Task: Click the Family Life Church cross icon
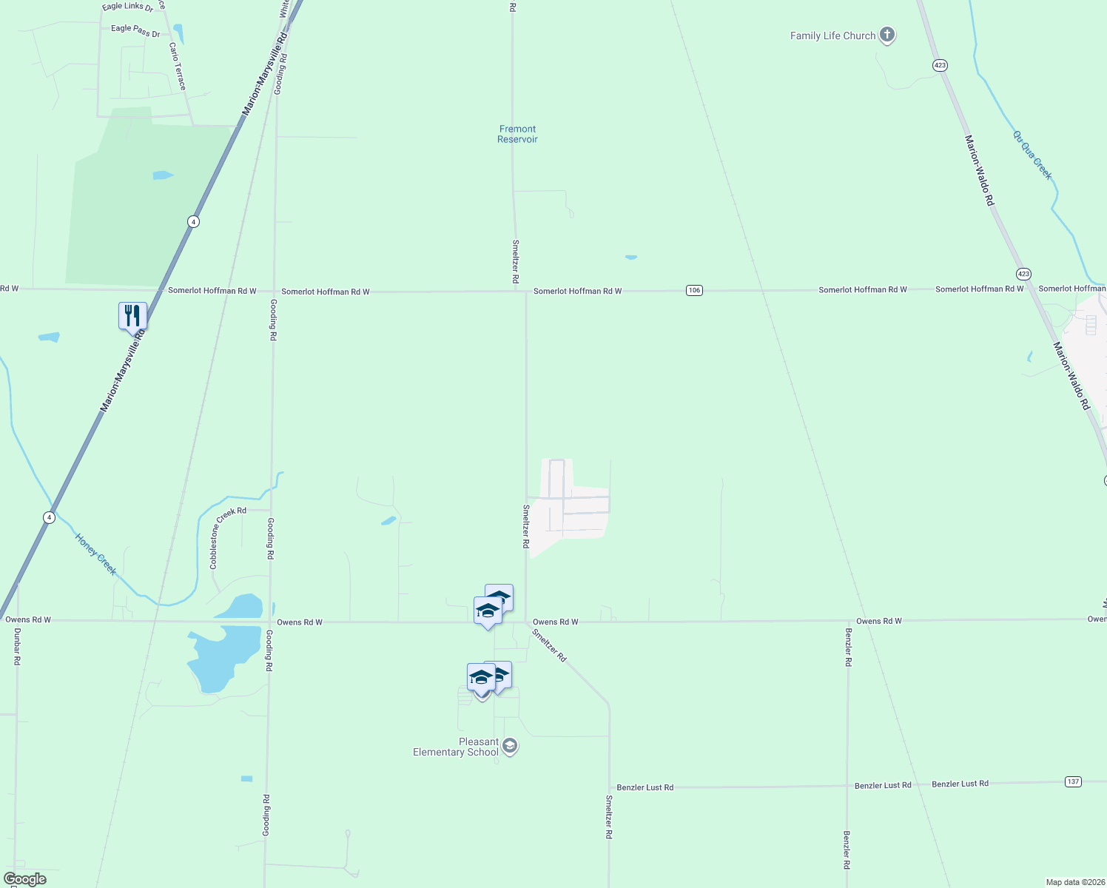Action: click(886, 35)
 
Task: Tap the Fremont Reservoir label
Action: click(517, 134)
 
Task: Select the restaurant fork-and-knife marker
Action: click(132, 316)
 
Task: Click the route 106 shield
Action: click(693, 290)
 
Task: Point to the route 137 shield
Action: click(1073, 781)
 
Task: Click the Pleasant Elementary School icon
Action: click(509, 746)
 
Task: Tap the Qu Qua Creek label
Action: click(1032, 155)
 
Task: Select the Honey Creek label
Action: click(95, 554)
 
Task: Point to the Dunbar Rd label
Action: click(17, 647)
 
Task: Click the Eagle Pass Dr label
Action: click(135, 30)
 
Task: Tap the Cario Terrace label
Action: click(178, 66)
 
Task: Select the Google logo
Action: click(24, 879)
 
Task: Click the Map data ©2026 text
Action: click(1074, 882)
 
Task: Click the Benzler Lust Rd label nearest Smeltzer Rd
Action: click(645, 787)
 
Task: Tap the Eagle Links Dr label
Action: click(127, 7)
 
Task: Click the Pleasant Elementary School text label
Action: click(456, 747)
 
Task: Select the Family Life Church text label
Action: click(832, 36)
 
